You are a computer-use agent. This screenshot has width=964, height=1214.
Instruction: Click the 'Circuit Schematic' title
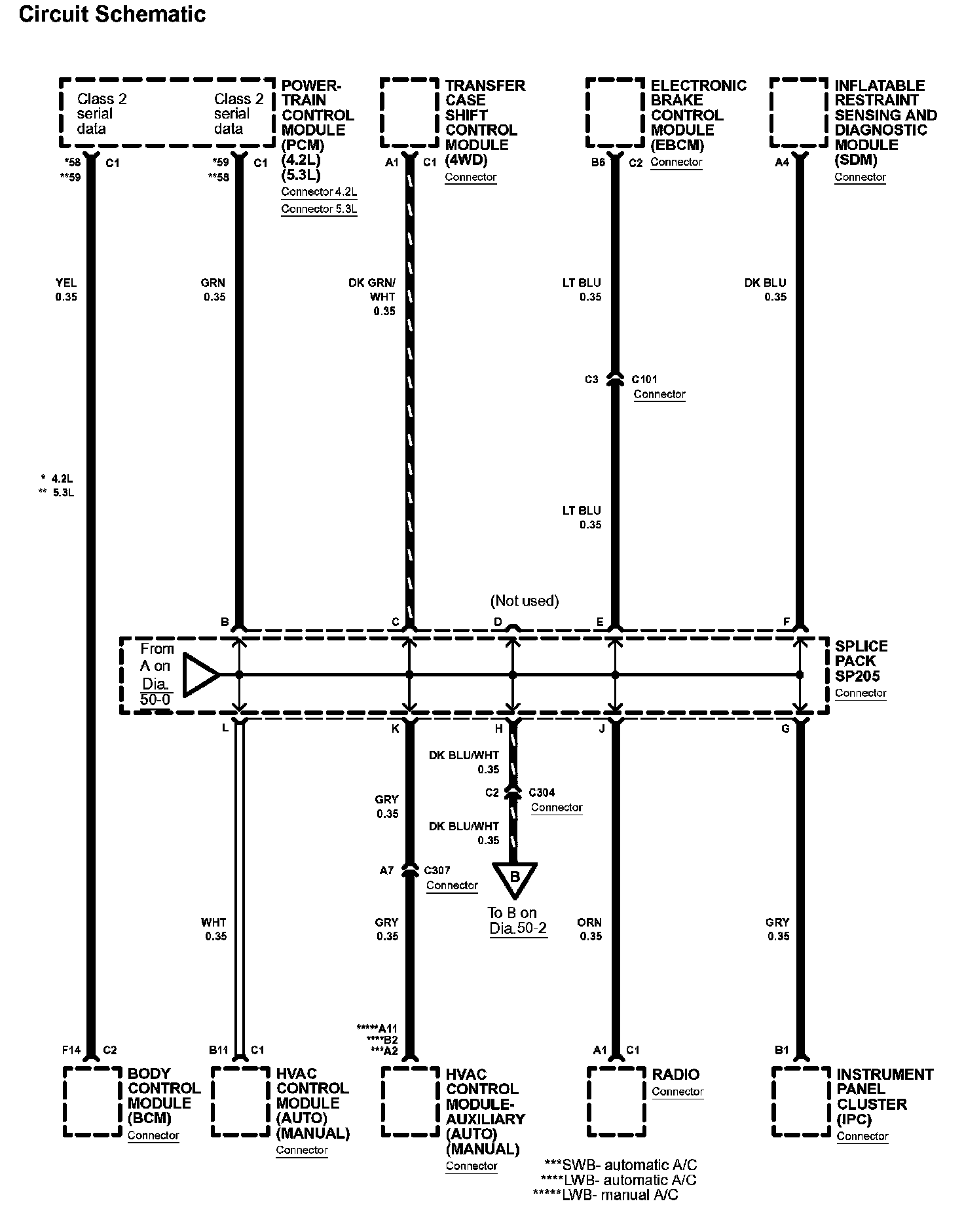pos(112,14)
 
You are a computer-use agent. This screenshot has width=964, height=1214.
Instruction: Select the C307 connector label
pos(437,870)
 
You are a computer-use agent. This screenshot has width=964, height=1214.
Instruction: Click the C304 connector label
pos(542,792)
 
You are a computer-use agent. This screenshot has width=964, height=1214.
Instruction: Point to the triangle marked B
pos(515,878)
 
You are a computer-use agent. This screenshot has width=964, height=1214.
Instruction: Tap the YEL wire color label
pos(66,283)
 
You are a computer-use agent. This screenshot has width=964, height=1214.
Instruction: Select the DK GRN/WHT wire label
pos(372,289)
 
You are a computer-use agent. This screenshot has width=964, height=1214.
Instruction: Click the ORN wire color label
pos(589,922)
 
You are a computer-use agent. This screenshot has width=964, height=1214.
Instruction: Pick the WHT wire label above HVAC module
pos(213,922)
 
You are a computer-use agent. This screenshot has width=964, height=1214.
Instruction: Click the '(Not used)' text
pos(524,600)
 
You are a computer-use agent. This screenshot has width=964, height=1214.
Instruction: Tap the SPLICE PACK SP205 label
pos(861,661)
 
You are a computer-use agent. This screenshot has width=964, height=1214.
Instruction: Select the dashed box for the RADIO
pos(615,1102)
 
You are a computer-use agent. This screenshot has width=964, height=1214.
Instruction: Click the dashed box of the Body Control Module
pos(92,1102)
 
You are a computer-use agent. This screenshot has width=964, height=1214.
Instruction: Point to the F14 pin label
pos(71,1050)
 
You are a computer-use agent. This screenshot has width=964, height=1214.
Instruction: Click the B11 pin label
pos(218,1050)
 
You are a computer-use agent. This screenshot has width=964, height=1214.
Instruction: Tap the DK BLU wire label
pos(765,283)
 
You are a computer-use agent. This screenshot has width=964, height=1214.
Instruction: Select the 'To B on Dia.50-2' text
pos(517,920)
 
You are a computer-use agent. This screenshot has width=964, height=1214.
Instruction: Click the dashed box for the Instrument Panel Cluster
pos(800,1102)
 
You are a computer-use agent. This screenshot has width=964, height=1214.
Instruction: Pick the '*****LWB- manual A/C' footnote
pos(606,1195)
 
